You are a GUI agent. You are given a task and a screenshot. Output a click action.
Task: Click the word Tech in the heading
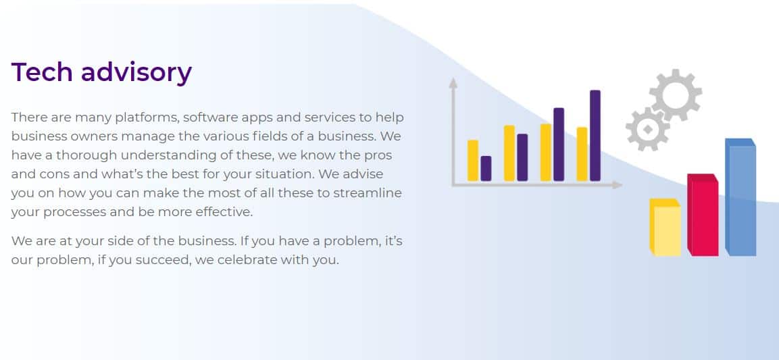[x=42, y=72]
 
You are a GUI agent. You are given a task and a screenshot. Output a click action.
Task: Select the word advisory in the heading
[x=136, y=73]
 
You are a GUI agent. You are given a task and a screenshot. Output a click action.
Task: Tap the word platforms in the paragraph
[x=147, y=118]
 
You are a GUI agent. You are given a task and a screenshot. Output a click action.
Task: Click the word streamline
[x=367, y=192]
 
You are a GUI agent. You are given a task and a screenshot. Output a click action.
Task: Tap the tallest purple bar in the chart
[x=595, y=135]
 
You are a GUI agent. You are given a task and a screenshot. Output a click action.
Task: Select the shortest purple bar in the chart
[x=486, y=168]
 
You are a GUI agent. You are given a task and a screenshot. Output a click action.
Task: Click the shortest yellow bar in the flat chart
[x=473, y=160]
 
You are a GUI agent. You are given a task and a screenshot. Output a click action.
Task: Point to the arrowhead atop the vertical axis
[x=453, y=82]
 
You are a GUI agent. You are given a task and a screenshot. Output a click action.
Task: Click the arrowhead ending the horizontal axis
[x=618, y=184]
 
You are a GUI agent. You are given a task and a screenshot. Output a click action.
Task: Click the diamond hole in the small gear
[x=648, y=129]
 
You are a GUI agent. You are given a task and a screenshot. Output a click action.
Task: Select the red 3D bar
[x=703, y=215]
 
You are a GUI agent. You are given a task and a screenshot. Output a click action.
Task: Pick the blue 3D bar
[x=740, y=197]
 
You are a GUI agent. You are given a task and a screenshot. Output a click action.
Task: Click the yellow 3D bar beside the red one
[x=665, y=228]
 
